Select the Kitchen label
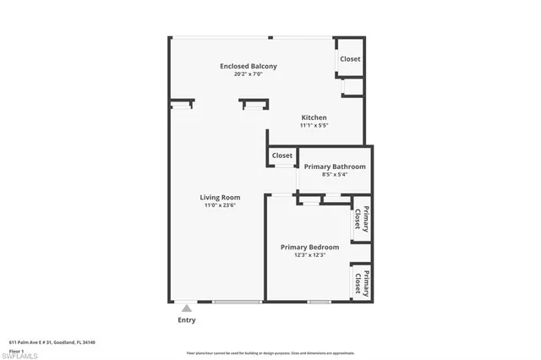pyautogui.click(x=314, y=117)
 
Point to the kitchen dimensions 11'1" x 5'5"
pyautogui.click(x=314, y=125)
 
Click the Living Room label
pyautogui.click(x=220, y=198)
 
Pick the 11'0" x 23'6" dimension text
pyautogui.click(x=220, y=205)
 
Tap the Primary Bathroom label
pyautogui.click(x=335, y=166)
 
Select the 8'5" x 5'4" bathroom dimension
pyautogui.click(x=335, y=175)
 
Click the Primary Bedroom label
pyautogui.click(x=309, y=247)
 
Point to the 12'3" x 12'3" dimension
pyautogui.click(x=309, y=254)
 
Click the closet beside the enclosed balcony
pyautogui.click(x=350, y=59)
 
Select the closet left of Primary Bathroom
pyautogui.click(x=282, y=155)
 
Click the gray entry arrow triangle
pyautogui.click(x=186, y=308)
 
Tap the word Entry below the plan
pyautogui.click(x=186, y=320)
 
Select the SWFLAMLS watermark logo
pyautogui.click(x=20, y=355)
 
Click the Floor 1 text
pyautogui.click(x=16, y=349)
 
